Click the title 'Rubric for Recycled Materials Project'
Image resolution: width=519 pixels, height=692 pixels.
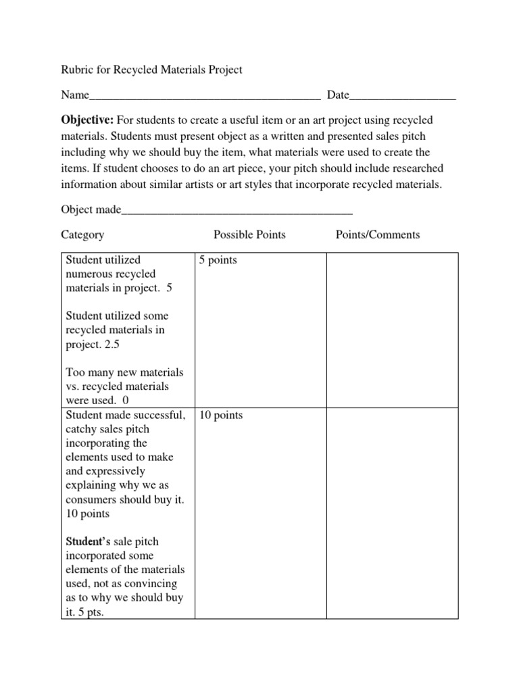(x=151, y=70)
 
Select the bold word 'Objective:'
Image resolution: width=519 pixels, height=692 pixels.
(x=88, y=120)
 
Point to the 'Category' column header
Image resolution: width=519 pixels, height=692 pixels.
(x=82, y=235)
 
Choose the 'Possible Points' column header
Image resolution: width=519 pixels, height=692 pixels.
(x=249, y=235)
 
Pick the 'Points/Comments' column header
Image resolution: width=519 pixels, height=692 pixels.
(x=378, y=235)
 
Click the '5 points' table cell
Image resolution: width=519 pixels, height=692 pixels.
(x=218, y=261)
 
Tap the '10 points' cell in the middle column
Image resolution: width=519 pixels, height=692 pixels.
(x=220, y=415)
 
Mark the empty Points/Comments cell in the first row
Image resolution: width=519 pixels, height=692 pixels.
(x=393, y=330)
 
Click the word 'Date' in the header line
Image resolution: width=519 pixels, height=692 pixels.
(x=338, y=95)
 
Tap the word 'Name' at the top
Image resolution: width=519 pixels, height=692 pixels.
(x=75, y=95)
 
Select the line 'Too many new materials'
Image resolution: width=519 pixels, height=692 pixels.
(x=124, y=373)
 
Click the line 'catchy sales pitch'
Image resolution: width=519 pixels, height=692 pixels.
(x=107, y=429)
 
